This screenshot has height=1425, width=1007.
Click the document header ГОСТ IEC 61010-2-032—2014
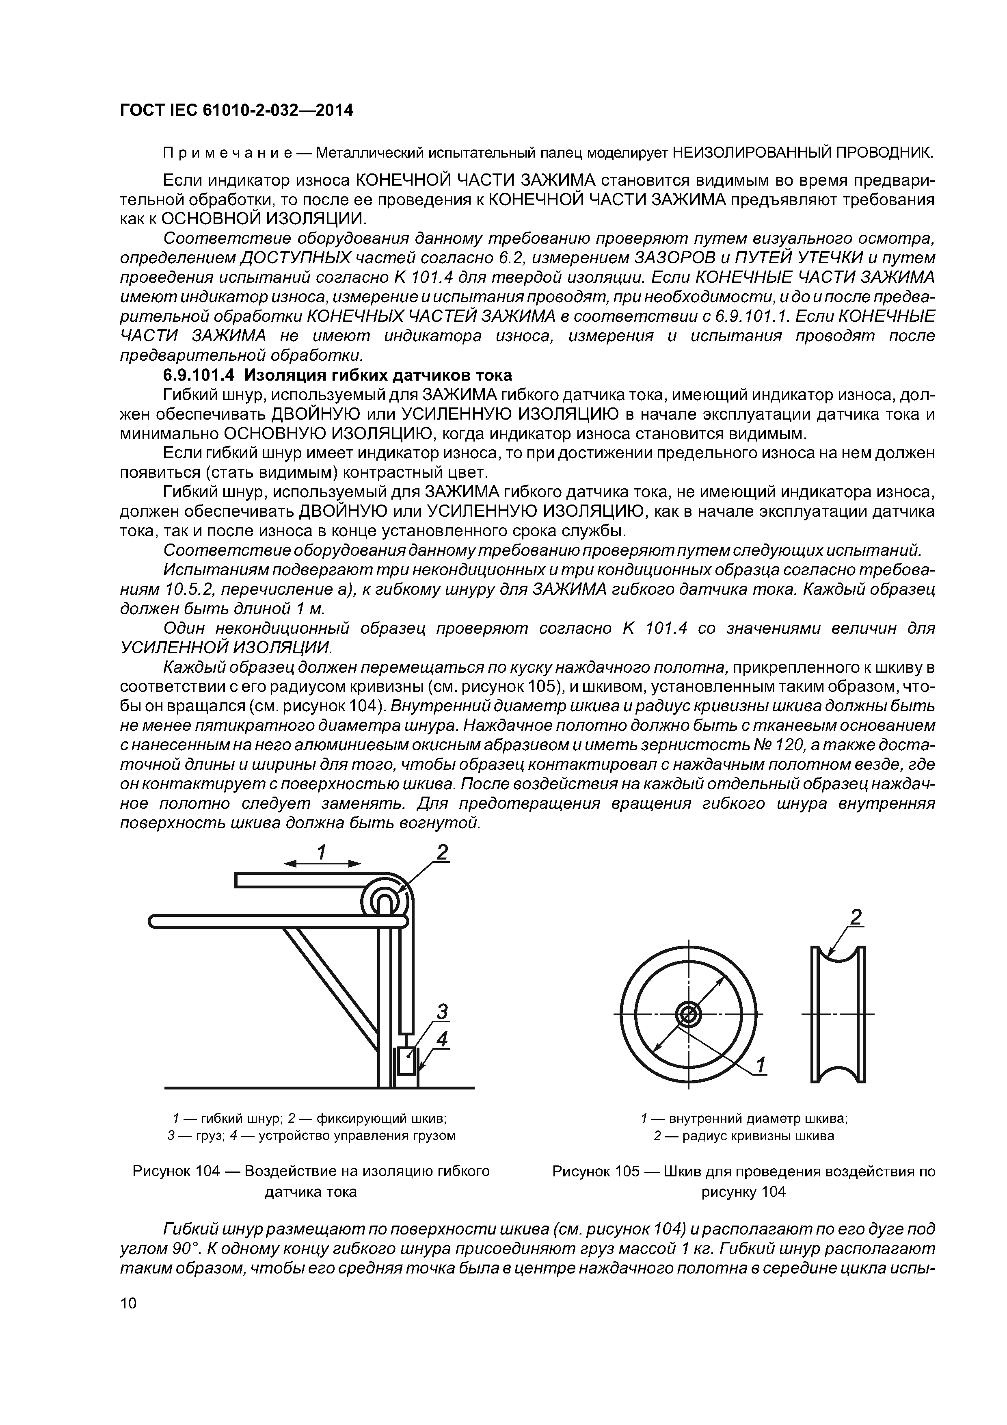pos(236,110)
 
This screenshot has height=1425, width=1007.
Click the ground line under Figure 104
pos(320,1087)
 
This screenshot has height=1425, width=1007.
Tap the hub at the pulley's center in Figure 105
pos(687,1016)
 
